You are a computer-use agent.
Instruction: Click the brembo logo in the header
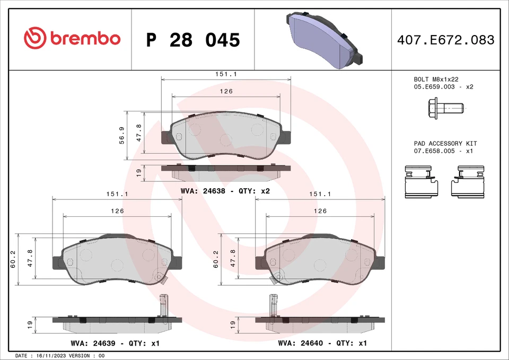pos(72,39)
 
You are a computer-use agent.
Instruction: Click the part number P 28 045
pos(193,40)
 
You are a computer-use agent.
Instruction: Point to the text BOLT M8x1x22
pos(436,78)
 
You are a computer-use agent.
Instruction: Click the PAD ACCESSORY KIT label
pos(445,144)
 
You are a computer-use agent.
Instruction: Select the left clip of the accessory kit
pos(422,181)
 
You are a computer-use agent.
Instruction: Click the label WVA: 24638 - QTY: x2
pos(225,191)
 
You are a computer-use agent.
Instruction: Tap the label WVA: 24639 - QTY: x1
pos(115,344)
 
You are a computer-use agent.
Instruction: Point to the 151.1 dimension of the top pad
pos(226,75)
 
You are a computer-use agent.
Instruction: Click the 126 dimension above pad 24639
pos(117,211)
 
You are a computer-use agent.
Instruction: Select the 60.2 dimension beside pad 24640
pos(216,259)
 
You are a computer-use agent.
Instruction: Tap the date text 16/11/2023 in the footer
pos(52,356)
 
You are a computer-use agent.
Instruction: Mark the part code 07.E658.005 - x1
pos(443,151)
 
